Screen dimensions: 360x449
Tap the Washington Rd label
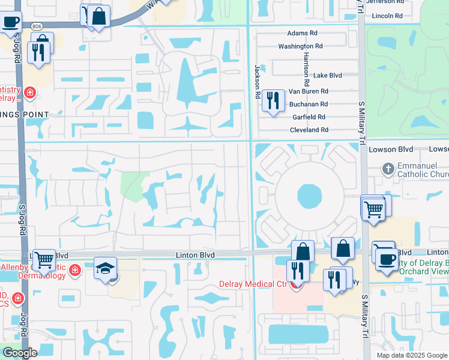pyautogui.click(x=300, y=46)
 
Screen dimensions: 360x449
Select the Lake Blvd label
pyautogui.click(x=327, y=76)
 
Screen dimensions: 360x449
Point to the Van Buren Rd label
pyautogui.click(x=309, y=91)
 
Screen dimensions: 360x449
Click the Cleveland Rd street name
pyautogui.click(x=309, y=130)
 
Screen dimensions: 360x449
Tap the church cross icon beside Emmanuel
pyautogui.click(x=388, y=169)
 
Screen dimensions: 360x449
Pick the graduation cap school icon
pyautogui.click(x=104, y=268)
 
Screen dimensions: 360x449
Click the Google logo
pyautogui.click(x=20, y=353)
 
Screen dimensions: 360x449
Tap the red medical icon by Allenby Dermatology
pyautogui.click(x=75, y=270)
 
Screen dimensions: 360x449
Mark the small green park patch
pyautogui.click(x=134, y=185)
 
